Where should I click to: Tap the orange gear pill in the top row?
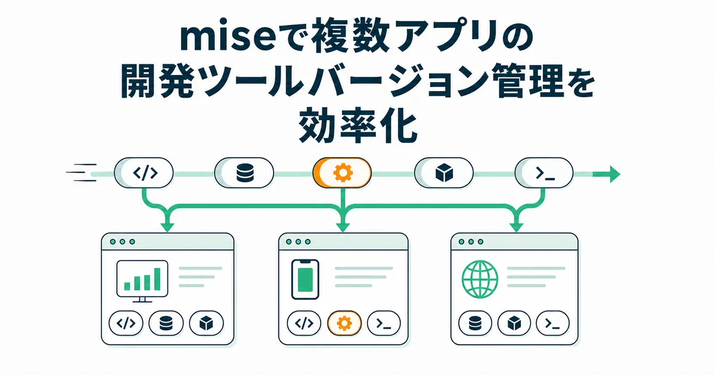pyautogui.click(x=342, y=173)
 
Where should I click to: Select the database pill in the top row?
pyautogui.click(x=244, y=173)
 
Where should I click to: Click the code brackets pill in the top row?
pyautogui.click(x=144, y=173)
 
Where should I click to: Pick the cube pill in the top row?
pyautogui.click(x=444, y=173)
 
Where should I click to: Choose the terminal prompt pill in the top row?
pyautogui.click(x=544, y=173)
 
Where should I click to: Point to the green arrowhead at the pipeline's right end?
pyautogui.click(x=615, y=174)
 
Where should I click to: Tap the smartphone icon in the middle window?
pyautogui.click(x=305, y=279)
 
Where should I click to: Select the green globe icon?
pyautogui.click(x=480, y=279)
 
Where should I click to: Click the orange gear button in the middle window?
pyautogui.click(x=344, y=323)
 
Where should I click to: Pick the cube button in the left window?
pyautogui.click(x=206, y=323)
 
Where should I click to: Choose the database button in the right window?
pyautogui.click(x=475, y=323)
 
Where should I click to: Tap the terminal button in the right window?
pyautogui.click(x=552, y=323)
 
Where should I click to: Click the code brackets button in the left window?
pyautogui.click(x=126, y=323)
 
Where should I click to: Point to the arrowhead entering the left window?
pyautogui.click(x=167, y=227)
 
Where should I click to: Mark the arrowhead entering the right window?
pyautogui.click(x=516, y=227)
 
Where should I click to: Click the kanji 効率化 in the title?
pyautogui.click(x=358, y=126)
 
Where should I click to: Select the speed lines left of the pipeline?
pyautogui.click(x=81, y=173)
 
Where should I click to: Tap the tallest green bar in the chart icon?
pyautogui.click(x=157, y=279)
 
